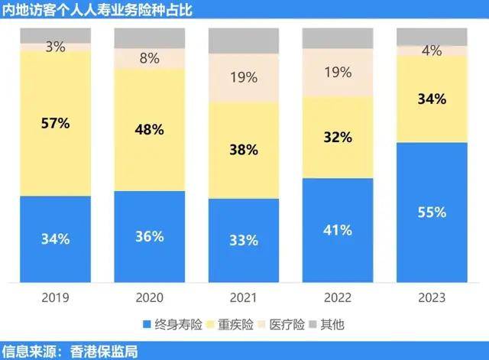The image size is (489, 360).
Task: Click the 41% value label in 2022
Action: [x=338, y=229]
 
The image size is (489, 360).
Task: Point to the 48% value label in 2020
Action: [x=150, y=129]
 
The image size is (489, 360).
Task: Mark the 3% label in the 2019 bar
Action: [x=56, y=47]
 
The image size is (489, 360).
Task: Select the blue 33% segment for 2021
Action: [x=244, y=241]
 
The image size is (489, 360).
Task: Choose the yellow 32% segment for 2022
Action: [x=338, y=138]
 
